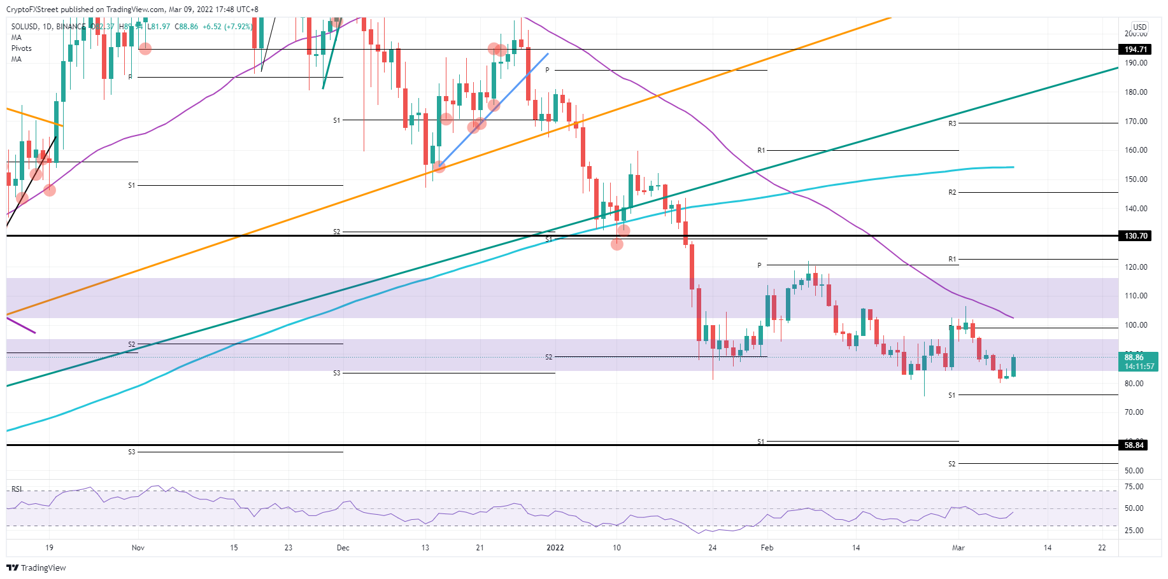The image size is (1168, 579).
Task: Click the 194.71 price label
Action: coord(1136,50)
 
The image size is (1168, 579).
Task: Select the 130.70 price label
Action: coord(1136,236)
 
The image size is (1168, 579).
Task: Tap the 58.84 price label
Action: coord(1134,445)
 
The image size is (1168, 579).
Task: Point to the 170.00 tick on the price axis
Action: coord(1136,122)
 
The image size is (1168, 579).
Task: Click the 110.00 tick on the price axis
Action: coord(1136,296)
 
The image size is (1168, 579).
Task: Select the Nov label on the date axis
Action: coord(138,548)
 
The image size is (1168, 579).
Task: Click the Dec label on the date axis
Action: coord(343,548)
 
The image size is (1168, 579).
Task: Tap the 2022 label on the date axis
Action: coord(555,548)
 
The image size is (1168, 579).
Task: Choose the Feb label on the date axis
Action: coord(767,548)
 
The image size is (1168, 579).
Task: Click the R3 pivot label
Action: coord(952,123)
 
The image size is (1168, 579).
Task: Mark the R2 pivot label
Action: coord(952,192)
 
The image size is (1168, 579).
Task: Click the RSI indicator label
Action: coord(17,489)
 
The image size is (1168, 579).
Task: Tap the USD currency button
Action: coord(1139,27)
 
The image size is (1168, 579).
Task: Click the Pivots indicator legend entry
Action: coord(21,48)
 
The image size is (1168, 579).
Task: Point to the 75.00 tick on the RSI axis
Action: coord(1134,487)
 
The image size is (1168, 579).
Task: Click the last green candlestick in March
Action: coord(1013,366)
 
